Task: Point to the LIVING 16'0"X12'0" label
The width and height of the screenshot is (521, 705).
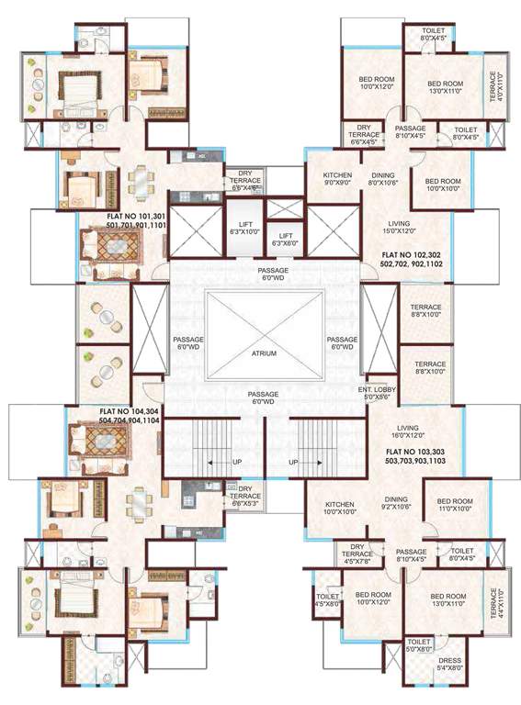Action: click(x=407, y=432)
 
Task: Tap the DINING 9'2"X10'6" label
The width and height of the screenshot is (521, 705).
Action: click(x=396, y=505)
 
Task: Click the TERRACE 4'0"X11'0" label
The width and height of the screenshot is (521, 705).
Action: click(x=494, y=88)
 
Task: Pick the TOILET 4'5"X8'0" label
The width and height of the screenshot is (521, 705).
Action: click(x=327, y=599)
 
